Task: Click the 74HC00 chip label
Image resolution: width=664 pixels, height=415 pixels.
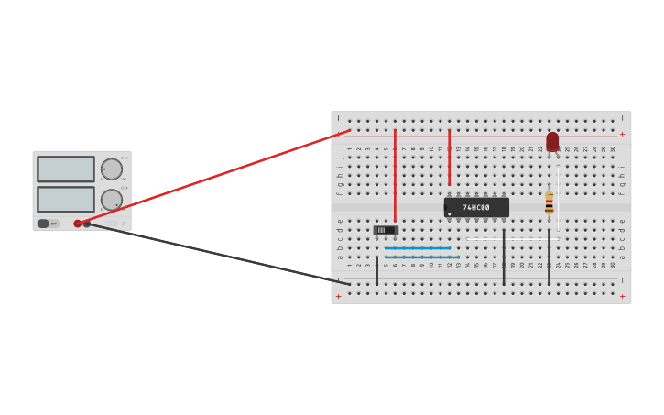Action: coord(476,208)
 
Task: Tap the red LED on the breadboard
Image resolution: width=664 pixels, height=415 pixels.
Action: coord(552,141)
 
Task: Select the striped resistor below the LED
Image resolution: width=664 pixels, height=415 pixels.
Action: coord(549,202)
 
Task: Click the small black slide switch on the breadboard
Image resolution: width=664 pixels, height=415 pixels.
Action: coord(386,230)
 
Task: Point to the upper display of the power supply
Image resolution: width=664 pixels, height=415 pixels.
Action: coord(65,169)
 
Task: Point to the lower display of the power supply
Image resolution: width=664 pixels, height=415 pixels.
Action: coord(65,199)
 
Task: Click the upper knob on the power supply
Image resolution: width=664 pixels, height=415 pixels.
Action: coord(111,169)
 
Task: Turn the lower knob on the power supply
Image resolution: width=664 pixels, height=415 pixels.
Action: coord(111,200)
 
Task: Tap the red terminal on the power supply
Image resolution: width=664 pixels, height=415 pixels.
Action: coord(78,224)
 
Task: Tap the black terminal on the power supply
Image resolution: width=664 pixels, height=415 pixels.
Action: coord(87,224)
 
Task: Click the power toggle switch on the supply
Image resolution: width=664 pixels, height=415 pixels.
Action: coord(44,224)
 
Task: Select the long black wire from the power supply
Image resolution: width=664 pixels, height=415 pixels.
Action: coord(220,254)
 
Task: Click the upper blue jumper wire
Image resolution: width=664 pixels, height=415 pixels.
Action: coord(418,248)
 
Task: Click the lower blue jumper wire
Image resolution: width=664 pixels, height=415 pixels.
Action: coord(421,257)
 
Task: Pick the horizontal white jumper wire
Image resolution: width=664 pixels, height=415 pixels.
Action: coord(512,239)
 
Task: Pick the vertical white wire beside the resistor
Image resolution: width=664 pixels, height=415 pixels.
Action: coord(558,197)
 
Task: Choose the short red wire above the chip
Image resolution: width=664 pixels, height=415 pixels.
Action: coord(449,158)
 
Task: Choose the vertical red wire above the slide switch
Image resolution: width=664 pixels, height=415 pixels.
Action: coord(395,174)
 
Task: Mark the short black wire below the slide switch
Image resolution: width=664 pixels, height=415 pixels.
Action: coord(376,270)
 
